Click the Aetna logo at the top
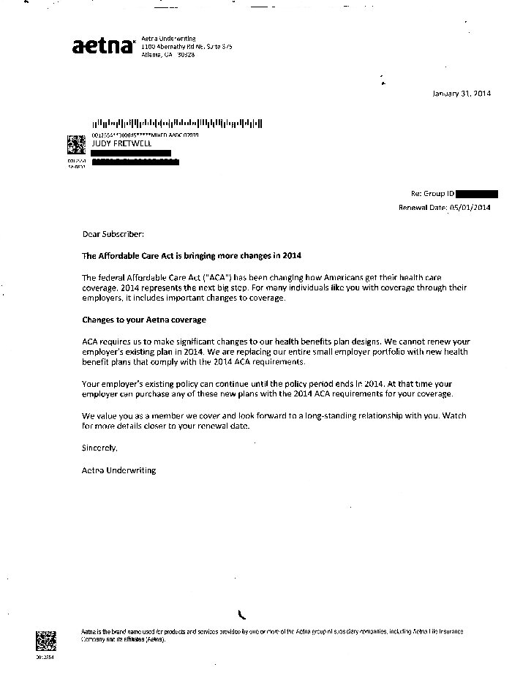click(x=103, y=46)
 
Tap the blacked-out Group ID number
click(x=477, y=195)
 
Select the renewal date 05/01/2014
click(x=470, y=208)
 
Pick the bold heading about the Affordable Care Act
click(x=192, y=256)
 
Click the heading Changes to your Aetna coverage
click(x=144, y=320)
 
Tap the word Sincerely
click(x=99, y=448)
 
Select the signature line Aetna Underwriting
click(x=118, y=470)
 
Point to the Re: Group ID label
click(x=433, y=195)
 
